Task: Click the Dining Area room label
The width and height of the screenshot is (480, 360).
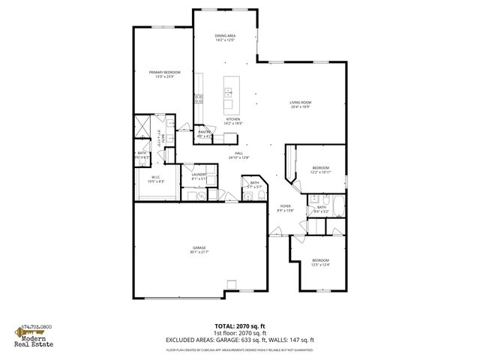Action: point(225,37)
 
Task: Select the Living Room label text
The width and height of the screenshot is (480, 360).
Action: point(301,104)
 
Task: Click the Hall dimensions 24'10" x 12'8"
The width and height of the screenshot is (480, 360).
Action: point(240,157)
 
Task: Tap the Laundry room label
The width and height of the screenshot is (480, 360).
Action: point(199,177)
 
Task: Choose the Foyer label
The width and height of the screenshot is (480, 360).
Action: point(285,208)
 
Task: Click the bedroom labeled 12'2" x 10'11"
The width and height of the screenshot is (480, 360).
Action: point(320,170)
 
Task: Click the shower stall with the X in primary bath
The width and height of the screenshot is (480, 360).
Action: point(142,125)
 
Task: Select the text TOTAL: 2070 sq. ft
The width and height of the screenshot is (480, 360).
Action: point(239,326)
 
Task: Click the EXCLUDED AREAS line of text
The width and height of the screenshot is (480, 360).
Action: point(239,340)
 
